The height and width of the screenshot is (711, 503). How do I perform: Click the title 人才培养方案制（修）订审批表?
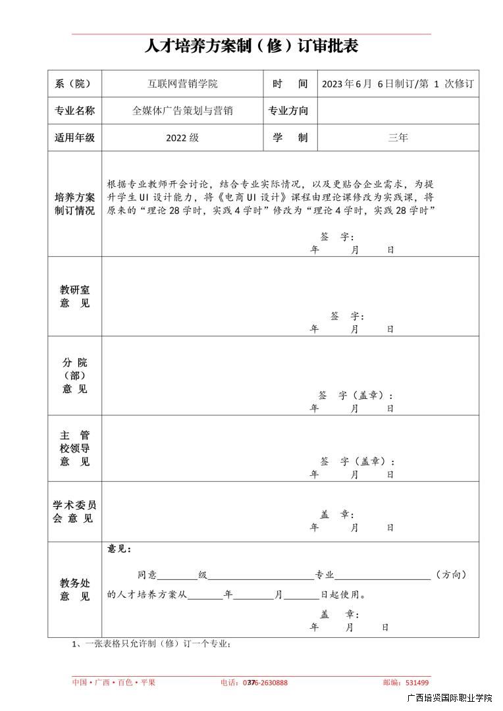tap(251, 47)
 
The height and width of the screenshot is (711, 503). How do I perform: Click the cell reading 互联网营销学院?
tap(182, 84)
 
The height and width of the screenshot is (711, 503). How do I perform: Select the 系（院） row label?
tap(74, 84)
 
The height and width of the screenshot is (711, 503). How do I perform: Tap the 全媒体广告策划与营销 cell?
tap(182, 111)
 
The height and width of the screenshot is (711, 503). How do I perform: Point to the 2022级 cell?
tap(182, 138)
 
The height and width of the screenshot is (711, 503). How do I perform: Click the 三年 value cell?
tap(398, 138)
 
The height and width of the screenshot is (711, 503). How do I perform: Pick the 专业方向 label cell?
tap(288, 111)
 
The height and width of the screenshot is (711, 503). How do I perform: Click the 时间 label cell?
tap(290, 84)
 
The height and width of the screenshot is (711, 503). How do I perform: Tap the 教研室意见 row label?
tap(74, 296)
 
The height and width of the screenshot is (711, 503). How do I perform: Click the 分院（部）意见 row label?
tap(74, 375)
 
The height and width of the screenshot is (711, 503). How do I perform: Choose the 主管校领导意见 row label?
tap(74, 448)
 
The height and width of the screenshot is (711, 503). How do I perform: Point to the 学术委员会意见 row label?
tap(74, 512)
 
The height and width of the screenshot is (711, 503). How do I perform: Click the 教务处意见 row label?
tap(74, 590)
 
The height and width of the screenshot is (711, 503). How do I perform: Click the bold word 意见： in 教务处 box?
tap(119, 548)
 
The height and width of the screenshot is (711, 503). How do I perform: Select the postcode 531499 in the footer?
tap(417, 683)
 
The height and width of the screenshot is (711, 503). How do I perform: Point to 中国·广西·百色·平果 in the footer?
tap(113, 683)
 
